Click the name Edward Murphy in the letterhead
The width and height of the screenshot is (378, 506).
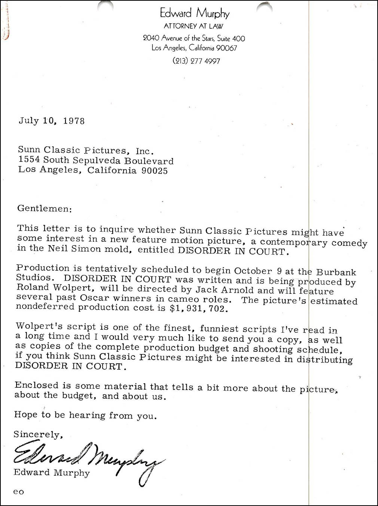pos(194,13)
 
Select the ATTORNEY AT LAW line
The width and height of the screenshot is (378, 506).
pos(193,26)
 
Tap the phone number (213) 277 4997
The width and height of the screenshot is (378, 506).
pos(196,61)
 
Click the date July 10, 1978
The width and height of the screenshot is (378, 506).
pos(52,121)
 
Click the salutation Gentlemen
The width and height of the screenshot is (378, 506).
pos(44,208)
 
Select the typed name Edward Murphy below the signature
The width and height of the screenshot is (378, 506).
pos(52,473)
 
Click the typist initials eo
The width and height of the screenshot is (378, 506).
pos(18,492)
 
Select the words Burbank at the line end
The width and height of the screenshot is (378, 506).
pos(336,272)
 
